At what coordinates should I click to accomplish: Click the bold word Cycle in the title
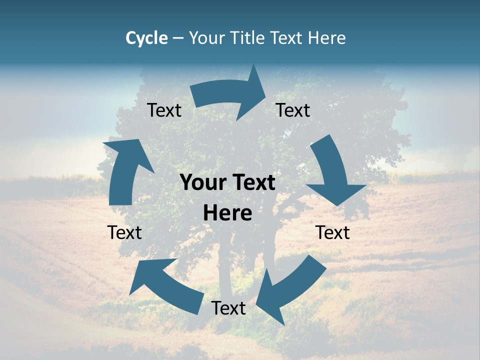pos(146,38)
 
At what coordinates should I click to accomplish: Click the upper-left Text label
pos(164,110)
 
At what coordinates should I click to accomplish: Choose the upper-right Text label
pos(293,110)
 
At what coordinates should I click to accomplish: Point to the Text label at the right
pos(332,232)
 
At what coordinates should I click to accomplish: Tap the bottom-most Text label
pos(228,308)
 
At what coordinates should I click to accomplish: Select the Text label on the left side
pos(124,232)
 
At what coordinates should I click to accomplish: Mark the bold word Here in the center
pos(227,213)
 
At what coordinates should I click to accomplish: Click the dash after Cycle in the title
pos(178,38)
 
